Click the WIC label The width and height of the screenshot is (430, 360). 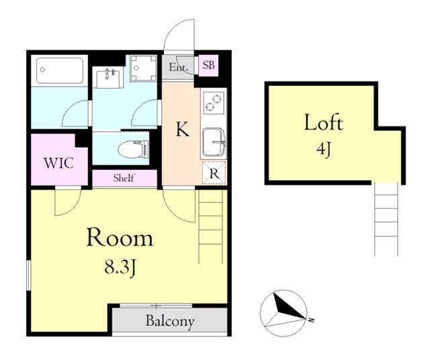[x=58, y=163]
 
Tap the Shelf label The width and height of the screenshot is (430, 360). [x=124, y=178]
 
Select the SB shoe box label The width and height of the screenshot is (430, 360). [x=208, y=65]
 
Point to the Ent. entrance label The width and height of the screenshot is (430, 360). [x=178, y=67]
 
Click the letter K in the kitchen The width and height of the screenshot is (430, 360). [x=182, y=129]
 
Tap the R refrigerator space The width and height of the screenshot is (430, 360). [x=214, y=173]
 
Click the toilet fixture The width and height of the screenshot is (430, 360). [x=134, y=149]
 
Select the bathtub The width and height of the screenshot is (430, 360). [x=60, y=71]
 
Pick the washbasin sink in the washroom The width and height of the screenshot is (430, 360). [x=107, y=77]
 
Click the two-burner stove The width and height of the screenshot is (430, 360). [x=214, y=103]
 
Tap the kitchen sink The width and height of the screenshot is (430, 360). [x=214, y=142]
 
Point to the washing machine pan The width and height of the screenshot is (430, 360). [x=143, y=69]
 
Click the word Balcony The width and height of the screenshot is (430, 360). [x=170, y=321]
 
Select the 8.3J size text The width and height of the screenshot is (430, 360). [x=120, y=267]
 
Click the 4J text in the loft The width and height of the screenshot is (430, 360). [x=324, y=149]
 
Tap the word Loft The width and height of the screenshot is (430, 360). [x=324, y=122]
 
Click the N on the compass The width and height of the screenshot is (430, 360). [x=311, y=320]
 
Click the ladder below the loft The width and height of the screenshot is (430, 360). [x=386, y=220]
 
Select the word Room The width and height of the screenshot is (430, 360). [x=120, y=238]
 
